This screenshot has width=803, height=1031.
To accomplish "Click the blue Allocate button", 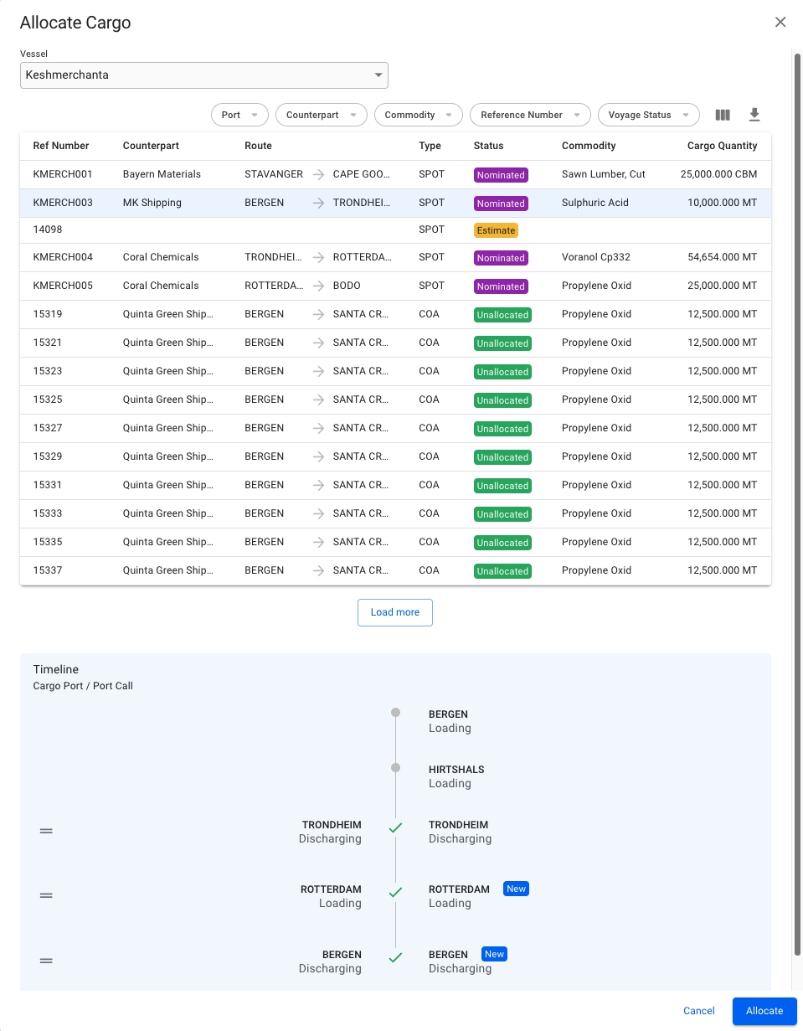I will pos(764,1011).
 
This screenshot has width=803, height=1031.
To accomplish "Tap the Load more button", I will pos(394,612).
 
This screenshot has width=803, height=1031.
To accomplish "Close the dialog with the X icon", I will pos(780,23).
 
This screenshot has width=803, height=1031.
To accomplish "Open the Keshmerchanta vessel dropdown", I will pos(203,75).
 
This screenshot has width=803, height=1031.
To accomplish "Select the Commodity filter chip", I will pos(418,115).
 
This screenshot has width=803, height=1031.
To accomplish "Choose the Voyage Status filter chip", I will pos(648,115).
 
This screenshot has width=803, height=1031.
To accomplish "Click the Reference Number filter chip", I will pos(530,115).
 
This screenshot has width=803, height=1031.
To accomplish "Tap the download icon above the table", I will pos(754,115).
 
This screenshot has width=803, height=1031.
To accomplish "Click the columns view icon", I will pos(723,115).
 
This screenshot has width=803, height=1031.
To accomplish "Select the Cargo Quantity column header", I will pos(722,146).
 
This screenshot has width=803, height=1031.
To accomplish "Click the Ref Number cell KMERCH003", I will pos(63,203).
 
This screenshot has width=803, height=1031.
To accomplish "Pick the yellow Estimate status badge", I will pos(496,230).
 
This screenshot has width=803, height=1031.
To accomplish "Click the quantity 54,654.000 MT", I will pos(722,257).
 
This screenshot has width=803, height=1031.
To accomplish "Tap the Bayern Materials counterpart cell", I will pos(162,174).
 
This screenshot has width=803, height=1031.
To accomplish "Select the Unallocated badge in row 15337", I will pos(502,571).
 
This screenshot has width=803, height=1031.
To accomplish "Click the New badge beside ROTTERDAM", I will pos(516,889).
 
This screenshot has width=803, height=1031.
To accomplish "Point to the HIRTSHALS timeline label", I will pos(456,770).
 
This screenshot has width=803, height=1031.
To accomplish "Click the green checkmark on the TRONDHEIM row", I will pos(395,828).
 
